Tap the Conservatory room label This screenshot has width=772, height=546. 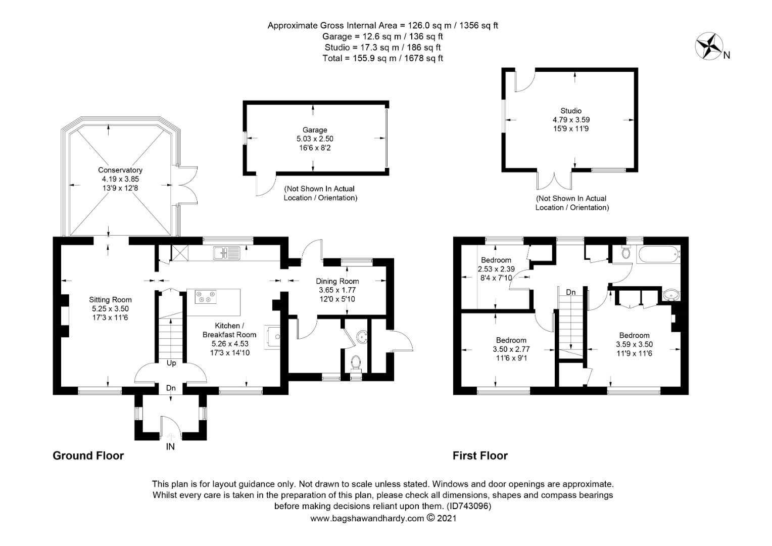(x=120, y=170)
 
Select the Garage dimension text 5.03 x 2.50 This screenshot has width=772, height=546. (x=315, y=139)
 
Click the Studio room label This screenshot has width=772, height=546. (x=571, y=111)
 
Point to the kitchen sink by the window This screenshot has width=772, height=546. (x=226, y=253)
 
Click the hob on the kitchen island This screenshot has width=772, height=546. (x=206, y=297)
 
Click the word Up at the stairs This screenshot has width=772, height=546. (x=171, y=363)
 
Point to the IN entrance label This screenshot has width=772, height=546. (x=170, y=447)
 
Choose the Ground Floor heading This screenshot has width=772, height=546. (x=88, y=456)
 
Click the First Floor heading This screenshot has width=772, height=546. (x=480, y=456)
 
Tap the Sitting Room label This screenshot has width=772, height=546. (x=110, y=300)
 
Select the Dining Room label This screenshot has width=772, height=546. (x=337, y=281)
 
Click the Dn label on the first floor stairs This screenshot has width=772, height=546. (x=571, y=292)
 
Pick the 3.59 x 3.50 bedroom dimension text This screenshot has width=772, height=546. (x=634, y=344)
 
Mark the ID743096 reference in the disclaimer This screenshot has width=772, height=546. (x=469, y=506)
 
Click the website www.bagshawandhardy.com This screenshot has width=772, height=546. (x=367, y=518)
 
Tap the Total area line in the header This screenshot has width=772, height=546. (x=383, y=58)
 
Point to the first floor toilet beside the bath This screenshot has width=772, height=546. (x=626, y=253)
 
